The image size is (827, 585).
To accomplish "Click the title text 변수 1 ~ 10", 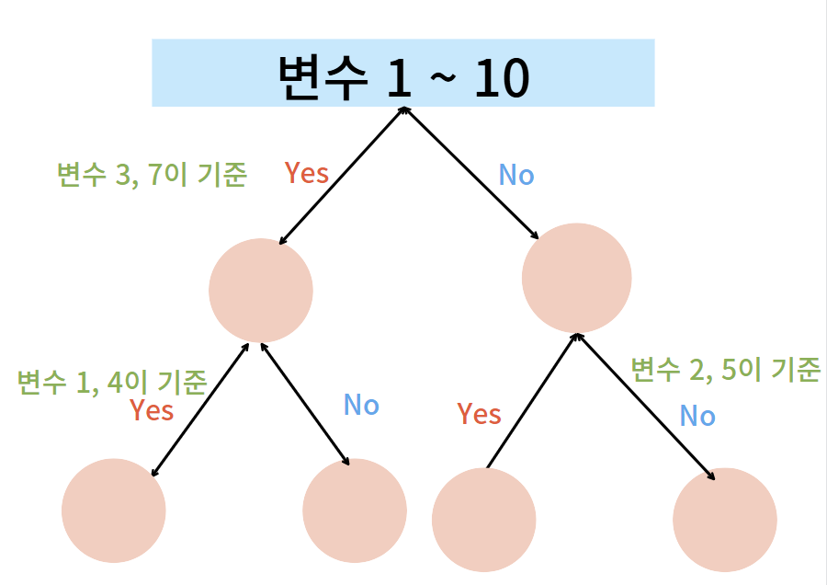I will (x=402, y=77).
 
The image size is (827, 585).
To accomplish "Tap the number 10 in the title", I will (x=502, y=79).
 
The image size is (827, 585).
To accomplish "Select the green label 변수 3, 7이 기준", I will (x=152, y=175).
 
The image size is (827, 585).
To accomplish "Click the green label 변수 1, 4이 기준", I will (x=112, y=381).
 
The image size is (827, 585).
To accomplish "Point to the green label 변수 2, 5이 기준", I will (x=725, y=370).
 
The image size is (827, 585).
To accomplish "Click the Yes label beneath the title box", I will (x=307, y=173).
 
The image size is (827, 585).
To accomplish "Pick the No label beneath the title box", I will (x=515, y=175).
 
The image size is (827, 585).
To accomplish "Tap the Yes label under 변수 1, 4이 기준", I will (x=152, y=410).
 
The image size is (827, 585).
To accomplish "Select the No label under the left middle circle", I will (x=361, y=405).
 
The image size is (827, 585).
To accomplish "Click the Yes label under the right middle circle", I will (x=479, y=414).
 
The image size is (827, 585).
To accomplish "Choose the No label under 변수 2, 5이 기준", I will (x=697, y=417).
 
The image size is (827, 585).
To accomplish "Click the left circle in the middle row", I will (x=261, y=290).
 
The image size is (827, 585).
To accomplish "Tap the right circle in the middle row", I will (x=576, y=278).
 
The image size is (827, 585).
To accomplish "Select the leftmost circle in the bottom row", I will (x=114, y=510).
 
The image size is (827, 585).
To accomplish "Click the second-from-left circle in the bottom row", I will (x=355, y=510).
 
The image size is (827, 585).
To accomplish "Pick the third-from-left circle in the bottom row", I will (x=483, y=520).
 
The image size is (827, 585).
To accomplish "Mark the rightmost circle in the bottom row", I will (x=725, y=520).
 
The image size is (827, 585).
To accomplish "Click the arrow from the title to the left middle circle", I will (x=341, y=175).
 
